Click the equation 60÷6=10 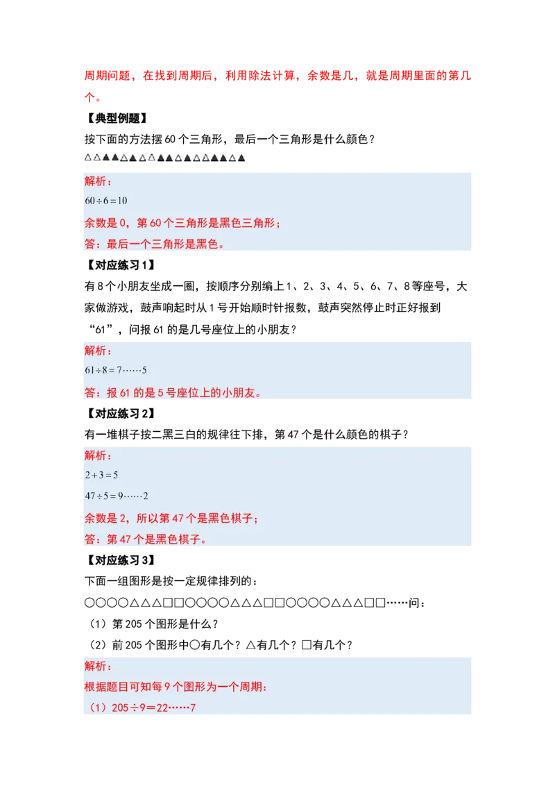coord(106,201)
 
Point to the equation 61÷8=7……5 coord(116,371)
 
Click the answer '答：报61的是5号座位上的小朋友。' coord(173,393)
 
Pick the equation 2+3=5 coord(101,476)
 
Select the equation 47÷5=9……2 coord(117,496)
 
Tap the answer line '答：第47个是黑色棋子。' coord(146,540)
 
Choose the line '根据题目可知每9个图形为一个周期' coord(176,687)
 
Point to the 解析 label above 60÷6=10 coord(98,181)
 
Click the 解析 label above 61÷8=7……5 coord(98,351)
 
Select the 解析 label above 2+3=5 coord(98,455)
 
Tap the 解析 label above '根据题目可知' coord(98,667)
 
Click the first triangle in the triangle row coord(88,158)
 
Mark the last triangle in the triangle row coord(241,159)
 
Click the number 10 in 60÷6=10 coord(122,201)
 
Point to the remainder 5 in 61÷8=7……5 coord(144,371)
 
